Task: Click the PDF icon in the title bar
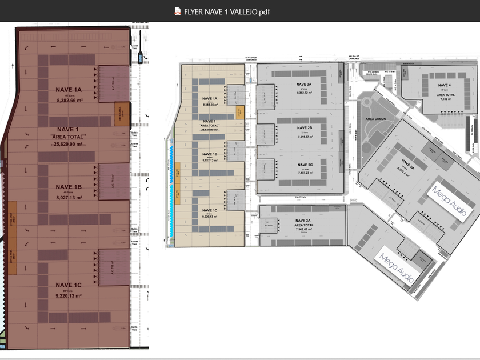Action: tap(178, 11)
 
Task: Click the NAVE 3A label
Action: tap(303, 220)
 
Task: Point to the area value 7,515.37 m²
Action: tap(304, 137)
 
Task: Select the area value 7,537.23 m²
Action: tap(304, 173)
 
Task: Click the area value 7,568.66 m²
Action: tap(303, 230)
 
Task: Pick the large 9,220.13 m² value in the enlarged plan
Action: tap(70, 296)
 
